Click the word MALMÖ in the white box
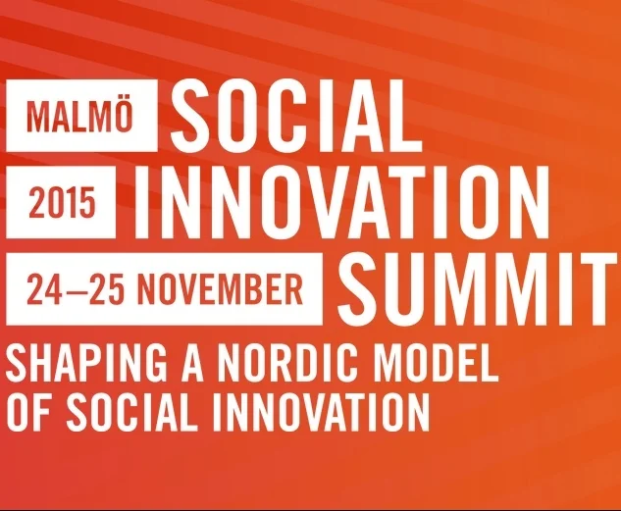pos(80,117)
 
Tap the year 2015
pos(63,203)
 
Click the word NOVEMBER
pos(219,288)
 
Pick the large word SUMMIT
pos(479,285)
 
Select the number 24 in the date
pos(43,288)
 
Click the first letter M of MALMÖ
pos(36,117)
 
